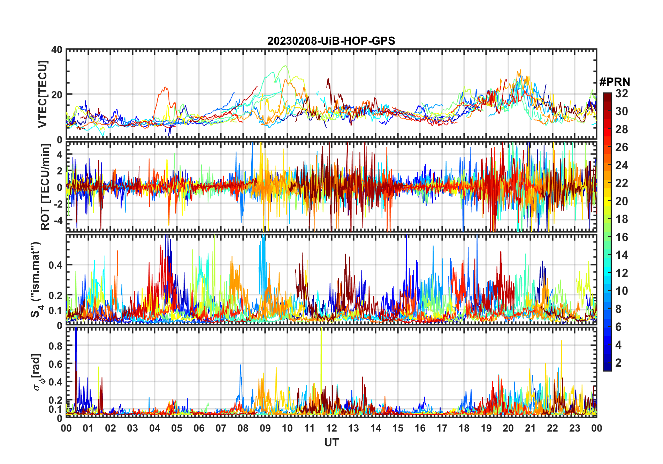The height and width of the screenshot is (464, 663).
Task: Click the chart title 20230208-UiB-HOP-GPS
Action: pyautogui.click(x=331, y=41)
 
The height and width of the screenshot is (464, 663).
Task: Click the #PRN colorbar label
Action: pyautogui.click(x=615, y=82)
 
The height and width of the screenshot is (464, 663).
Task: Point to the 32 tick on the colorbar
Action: pyautogui.click(x=622, y=93)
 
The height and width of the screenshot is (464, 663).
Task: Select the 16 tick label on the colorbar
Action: pyautogui.click(x=622, y=237)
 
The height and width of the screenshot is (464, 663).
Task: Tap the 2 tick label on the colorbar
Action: pyautogui.click(x=618, y=363)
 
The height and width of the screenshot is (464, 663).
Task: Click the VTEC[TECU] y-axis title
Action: pyautogui.click(x=43, y=94)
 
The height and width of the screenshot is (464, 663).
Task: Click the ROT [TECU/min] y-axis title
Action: pyautogui.click(x=45, y=187)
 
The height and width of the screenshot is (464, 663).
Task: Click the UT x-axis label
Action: pyautogui.click(x=331, y=443)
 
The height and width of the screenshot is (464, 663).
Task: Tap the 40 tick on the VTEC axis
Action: pyautogui.click(x=57, y=50)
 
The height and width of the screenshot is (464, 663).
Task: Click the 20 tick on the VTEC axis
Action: pyautogui.click(x=57, y=95)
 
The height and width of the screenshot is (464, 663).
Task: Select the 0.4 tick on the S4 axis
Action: pyautogui.click(x=55, y=265)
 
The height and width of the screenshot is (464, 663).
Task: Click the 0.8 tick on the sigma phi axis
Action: pyautogui.click(x=55, y=346)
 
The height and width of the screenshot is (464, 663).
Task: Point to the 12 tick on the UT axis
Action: pyautogui.click(x=331, y=428)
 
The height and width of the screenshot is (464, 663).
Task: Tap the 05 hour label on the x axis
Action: pyautogui.click(x=177, y=428)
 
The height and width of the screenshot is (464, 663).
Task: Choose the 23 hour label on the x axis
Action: pyautogui.click(x=574, y=428)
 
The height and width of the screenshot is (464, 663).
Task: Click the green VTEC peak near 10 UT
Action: pyautogui.click(x=285, y=66)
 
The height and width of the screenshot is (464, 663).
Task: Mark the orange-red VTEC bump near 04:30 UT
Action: pyautogui.click(x=165, y=88)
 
